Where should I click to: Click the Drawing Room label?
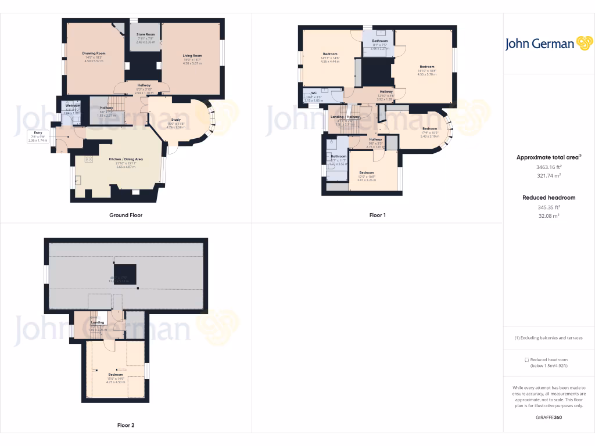point(94,53)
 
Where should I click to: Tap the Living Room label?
point(192,56)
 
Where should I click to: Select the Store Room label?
point(145,35)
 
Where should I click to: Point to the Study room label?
point(175,120)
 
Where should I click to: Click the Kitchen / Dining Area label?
point(126,159)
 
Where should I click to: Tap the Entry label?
point(38,133)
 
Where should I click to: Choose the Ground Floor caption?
point(126,215)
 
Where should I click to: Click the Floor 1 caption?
point(377,215)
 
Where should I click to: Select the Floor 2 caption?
point(126,425)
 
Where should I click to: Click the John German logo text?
point(539,44)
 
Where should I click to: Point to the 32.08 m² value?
point(549,216)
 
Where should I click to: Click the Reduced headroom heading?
point(549,197)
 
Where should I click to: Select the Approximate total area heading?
point(547,157)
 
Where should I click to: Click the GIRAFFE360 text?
point(549,417)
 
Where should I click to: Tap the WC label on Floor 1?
point(314,93)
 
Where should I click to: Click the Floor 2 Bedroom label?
point(115,375)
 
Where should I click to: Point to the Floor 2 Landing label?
point(98,322)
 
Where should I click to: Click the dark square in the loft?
point(125,274)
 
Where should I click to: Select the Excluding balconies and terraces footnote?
point(549,338)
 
